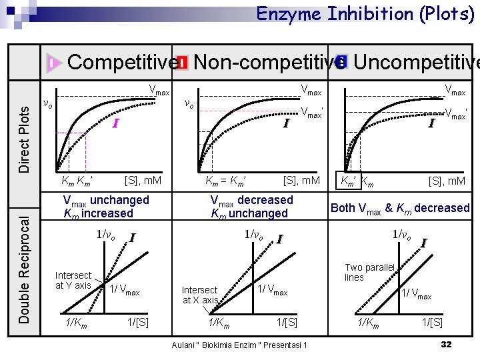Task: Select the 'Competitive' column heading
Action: pyautogui.click(x=122, y=62)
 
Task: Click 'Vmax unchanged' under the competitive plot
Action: pyautogui.click(x=106, y=200)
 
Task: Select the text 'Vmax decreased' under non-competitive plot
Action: pyautogui.click(x=251, y=200)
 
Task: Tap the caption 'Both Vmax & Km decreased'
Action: pyautogui.click(x=400, y=208)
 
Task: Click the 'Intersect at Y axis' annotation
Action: pyautogui.click(x=73, y=280)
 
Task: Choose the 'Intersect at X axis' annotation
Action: pyautogui.click(x=199, y=295)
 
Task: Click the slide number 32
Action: pyautogui.click(x=446, y=344)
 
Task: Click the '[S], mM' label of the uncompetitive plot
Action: pyautogui.click(x=447, y=180)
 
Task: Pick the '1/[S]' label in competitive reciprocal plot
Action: pyautogui.click(x=137, y=323)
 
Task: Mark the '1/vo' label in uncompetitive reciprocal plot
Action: pyautogui.click(x=403, y=234)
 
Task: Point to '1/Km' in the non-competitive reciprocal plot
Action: pyautogui.click(x=219, y=323)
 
